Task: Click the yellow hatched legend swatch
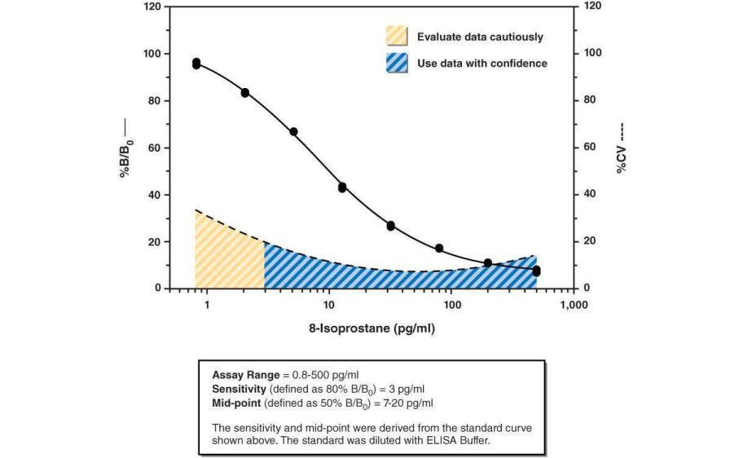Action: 396,36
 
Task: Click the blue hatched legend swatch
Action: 396,63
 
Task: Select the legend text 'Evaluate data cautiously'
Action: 480,37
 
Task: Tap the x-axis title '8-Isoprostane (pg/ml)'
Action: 371,329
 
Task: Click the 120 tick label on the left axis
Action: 152,7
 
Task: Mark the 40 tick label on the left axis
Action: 155,195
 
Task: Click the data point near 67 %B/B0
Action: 293,131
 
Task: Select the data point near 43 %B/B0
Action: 342,187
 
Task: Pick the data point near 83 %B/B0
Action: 244,93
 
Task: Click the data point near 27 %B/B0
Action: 391,226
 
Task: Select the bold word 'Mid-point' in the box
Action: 235,403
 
